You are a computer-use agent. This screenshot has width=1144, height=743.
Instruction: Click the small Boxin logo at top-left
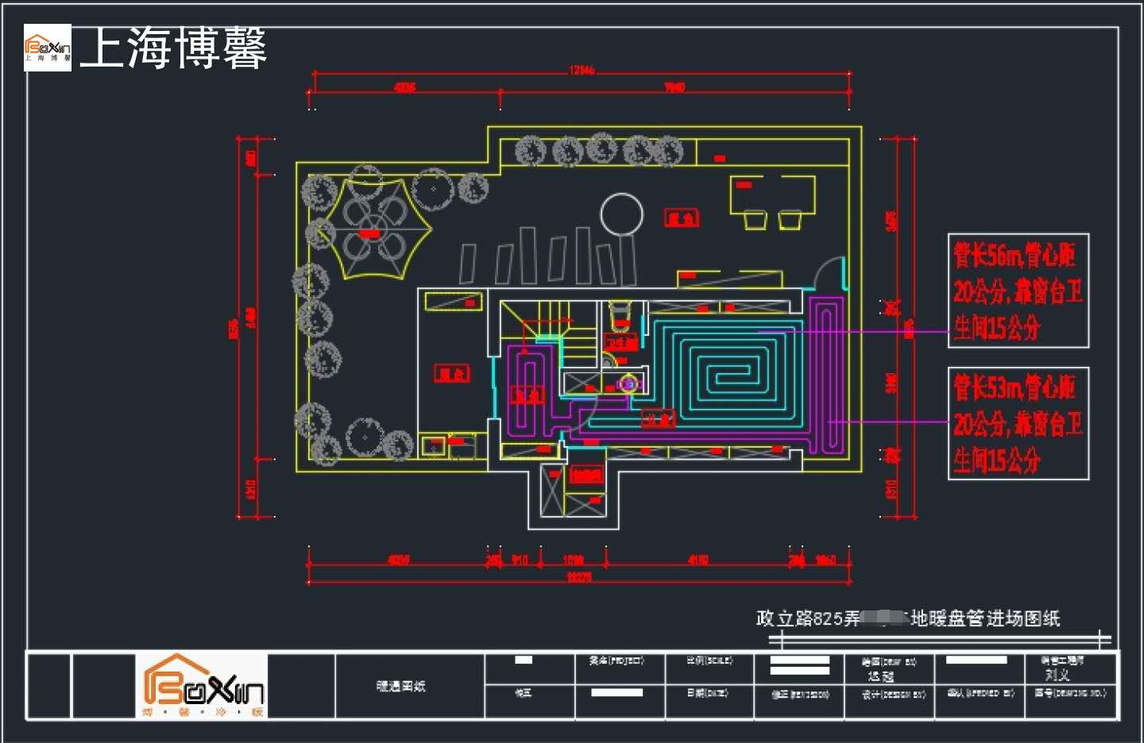[x=48, y=48]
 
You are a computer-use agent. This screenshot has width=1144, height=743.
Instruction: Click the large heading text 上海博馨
[x=173, y=48]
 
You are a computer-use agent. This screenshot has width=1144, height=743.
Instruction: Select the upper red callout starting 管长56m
[x=1018, y=291]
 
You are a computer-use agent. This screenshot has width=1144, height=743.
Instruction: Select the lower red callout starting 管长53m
[x=1018, y=423]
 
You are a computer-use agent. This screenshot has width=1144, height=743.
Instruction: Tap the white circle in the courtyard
[x=621, y=214]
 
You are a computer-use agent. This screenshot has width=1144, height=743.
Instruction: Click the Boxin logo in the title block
[x=202, y=685]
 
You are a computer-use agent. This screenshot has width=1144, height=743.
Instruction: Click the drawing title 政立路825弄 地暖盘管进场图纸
[x=908, y=618]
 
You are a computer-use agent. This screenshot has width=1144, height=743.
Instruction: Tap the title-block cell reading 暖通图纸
[x=400, y=686]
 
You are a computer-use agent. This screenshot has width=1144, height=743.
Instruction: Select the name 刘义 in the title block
[x=1057, y=675]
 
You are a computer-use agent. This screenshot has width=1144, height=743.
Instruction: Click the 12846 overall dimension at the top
[x=582, y=71]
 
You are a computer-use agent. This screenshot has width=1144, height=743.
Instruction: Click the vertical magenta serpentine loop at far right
[x=827, y=373]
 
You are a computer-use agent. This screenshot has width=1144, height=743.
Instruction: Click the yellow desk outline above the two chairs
[x=772, y=194]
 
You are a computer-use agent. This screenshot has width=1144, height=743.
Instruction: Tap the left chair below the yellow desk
[x=755, y=219]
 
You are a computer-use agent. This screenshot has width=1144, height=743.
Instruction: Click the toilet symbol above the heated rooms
[x=620, y=315]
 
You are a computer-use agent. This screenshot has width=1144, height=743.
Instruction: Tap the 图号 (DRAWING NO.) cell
[x=1069, y=693]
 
